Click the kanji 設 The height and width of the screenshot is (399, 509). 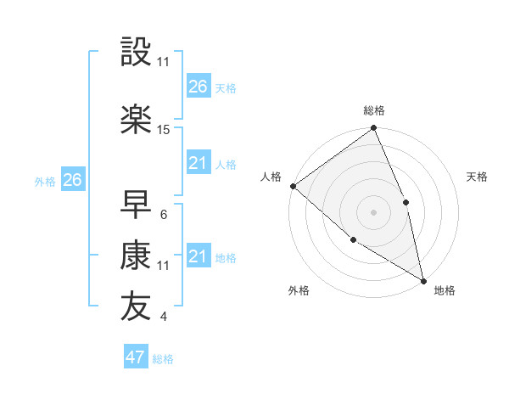137,53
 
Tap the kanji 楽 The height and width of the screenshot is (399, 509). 137,120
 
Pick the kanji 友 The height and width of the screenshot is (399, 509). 137,307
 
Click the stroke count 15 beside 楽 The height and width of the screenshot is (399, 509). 164,130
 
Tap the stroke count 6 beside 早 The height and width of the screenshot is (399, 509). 163,215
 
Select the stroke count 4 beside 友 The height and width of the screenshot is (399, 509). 163,318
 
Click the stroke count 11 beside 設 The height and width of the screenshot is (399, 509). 164,62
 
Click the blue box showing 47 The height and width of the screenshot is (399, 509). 136,357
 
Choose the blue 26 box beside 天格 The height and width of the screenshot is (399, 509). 198,86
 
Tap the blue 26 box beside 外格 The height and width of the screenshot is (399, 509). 72,179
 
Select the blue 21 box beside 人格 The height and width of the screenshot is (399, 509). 198,163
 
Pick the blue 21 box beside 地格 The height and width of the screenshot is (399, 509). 198,256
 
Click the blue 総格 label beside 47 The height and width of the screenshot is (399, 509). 163,359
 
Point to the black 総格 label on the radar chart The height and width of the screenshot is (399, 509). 374,110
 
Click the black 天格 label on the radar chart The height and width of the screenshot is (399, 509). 477,177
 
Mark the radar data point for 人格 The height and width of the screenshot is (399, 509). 293,186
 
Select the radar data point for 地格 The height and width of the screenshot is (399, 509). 423,279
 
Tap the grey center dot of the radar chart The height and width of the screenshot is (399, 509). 373,211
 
